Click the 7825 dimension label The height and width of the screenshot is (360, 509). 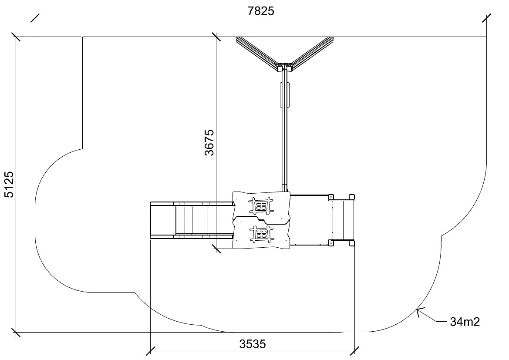click(x=261, y=11)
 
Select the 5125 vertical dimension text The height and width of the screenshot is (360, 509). click(x=9, y=185)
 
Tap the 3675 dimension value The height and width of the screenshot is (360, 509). click(x=209, y=142)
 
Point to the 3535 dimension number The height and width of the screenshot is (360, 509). click(x=253, y=344)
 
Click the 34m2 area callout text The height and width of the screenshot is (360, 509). click(x=465, y=322)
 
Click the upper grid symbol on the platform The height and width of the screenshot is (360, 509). click(x=261, y=206)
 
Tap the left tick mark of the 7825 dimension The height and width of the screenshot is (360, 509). click(x=35, y=18)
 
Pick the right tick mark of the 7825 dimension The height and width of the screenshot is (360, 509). click(x=486, y=18)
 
